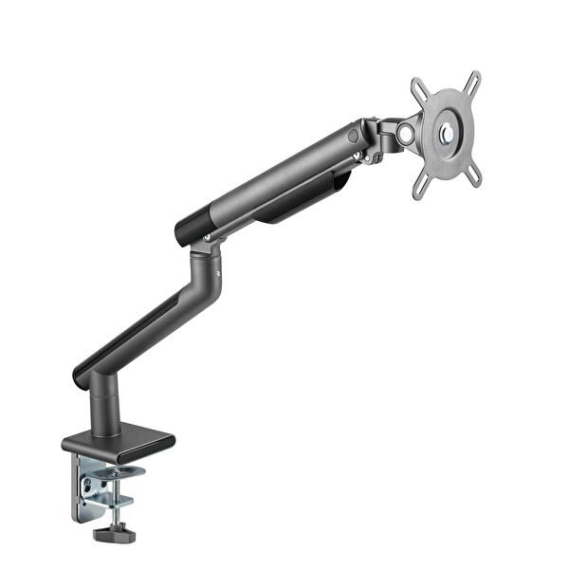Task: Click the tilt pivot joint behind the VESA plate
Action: pyautogui.click(x=405, y=133)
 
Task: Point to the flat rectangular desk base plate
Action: pyautogui.click(x=119, y=441)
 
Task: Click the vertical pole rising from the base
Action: pyautogui.click(x=104, y=408)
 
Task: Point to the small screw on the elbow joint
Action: pyautogui.click(x=219, y=275)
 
